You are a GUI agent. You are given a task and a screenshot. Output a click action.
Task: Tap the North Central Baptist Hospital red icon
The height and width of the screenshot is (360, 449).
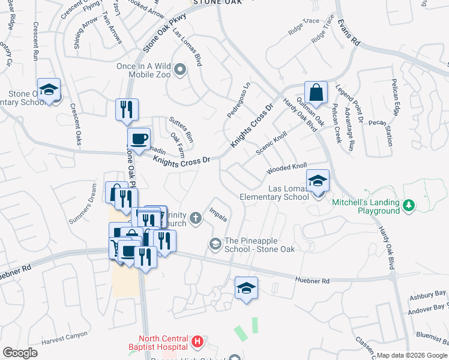(x=197, y=343)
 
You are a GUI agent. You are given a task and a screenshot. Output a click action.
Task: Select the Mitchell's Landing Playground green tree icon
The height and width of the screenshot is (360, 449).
(x=409, y=206)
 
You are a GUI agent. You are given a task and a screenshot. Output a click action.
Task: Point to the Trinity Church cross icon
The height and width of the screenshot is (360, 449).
(x=196, y=220)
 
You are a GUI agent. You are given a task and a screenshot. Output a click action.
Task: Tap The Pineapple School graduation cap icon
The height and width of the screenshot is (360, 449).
(x=215, y=244)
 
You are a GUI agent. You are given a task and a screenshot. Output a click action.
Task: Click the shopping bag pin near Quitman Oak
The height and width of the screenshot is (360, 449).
(x=316, y=94)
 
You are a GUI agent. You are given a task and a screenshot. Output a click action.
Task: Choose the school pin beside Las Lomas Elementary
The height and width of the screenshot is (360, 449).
(x=318, y=180)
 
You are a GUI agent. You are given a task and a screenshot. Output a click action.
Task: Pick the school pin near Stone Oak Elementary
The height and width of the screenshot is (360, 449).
(x=49, y=91)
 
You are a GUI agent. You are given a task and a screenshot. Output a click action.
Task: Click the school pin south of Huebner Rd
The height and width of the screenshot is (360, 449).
(x=246, y=289)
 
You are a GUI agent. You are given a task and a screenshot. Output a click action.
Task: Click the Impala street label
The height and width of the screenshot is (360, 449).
(x=218, y=215)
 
